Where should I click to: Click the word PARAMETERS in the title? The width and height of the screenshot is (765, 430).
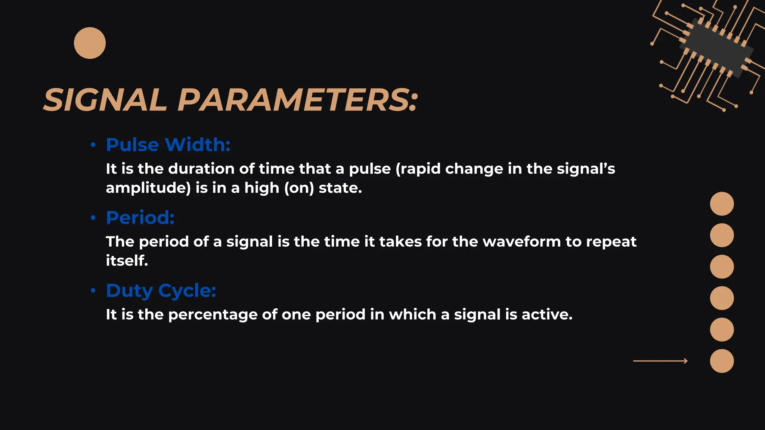[297, 100]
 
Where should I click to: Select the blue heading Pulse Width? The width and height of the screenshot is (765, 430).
[168, 144]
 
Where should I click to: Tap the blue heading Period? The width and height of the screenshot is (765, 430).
[140, 217]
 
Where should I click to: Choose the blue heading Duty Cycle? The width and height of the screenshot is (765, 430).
[161, 290]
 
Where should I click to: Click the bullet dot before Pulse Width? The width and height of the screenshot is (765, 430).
[93, 144]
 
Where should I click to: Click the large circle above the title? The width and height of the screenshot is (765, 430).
[90, 43]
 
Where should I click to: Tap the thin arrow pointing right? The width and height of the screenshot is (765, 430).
[660, 361]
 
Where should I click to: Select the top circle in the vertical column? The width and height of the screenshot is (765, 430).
[722, 204]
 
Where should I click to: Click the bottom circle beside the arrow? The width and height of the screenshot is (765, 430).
[722, 361]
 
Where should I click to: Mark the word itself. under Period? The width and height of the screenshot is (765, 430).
[127, 261]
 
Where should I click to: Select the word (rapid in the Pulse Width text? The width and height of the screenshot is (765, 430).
[418, 169]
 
